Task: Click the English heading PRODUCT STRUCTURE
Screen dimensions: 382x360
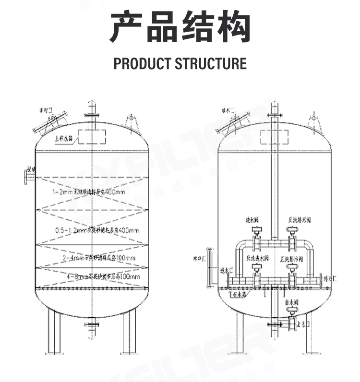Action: (x=180, y=63)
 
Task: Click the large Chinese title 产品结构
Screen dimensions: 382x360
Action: (x=180, y=27)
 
